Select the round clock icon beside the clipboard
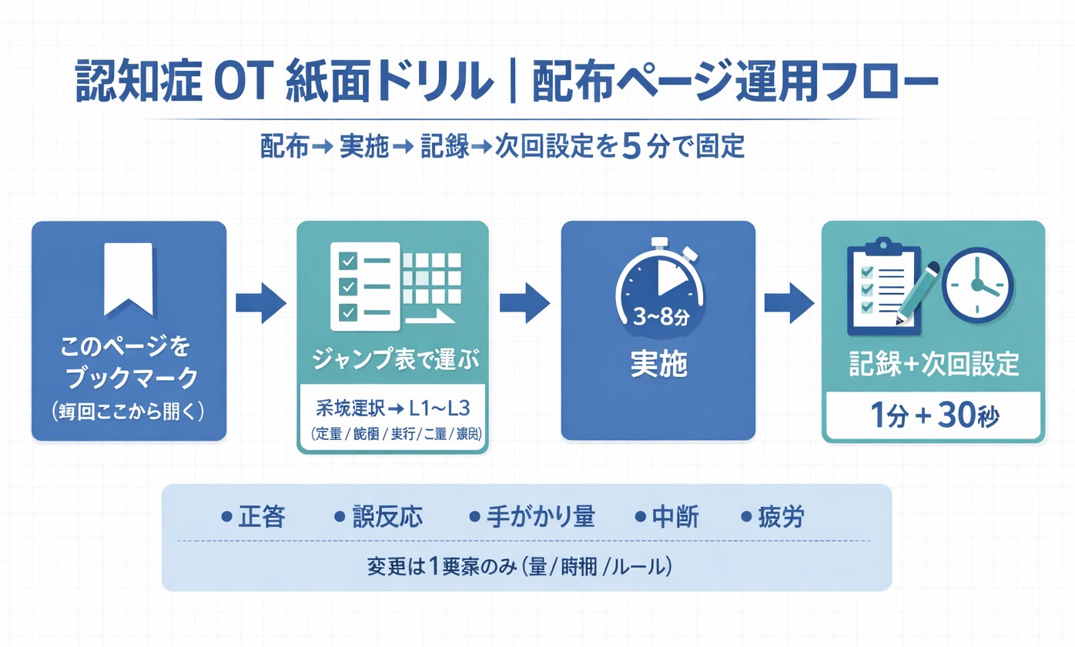[976, 286]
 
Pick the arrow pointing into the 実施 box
[524, 298]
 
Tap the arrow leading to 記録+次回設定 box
[789, 298]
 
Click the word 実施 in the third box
[658, 365]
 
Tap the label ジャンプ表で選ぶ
[392, 360]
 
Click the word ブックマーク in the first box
[128, 379]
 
